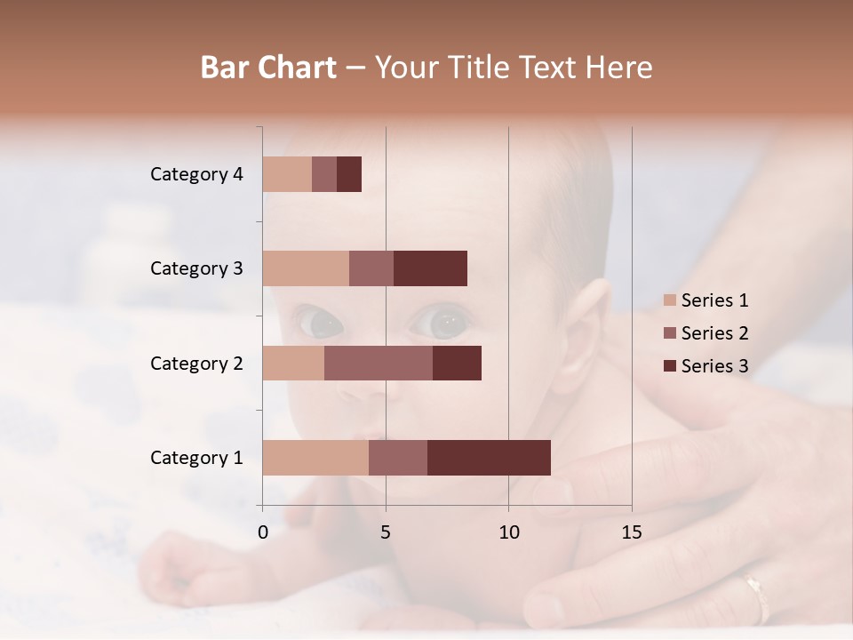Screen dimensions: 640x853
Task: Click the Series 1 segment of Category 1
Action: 315,457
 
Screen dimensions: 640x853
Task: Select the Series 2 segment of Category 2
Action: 379,363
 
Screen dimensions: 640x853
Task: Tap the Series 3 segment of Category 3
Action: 430,268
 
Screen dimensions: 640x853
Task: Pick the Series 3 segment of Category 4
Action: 349,174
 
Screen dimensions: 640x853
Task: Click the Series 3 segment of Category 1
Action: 489,457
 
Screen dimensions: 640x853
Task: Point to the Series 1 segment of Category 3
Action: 306,268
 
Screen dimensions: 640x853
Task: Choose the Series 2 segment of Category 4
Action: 324,174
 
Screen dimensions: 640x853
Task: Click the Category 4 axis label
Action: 196,174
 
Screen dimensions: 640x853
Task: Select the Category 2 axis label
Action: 196,363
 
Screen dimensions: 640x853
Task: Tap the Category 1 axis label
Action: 196,458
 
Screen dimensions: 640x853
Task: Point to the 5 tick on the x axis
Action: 386,532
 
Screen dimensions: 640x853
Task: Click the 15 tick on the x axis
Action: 632,532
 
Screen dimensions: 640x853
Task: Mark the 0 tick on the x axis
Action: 263,532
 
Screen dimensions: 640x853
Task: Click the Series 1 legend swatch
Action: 670,300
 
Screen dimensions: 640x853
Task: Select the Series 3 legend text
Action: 714,366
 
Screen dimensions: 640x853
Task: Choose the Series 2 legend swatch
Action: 670,333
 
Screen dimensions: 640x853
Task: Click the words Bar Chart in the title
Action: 268,68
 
